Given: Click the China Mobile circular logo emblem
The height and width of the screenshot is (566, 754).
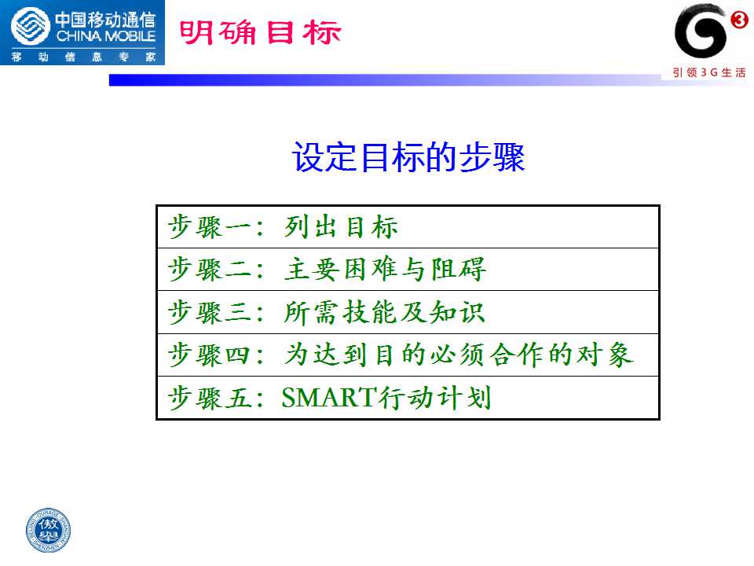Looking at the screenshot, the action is [31, 26].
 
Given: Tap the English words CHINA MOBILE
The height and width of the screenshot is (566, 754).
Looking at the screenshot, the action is [106, 36].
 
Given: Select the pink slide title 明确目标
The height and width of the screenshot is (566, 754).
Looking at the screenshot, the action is [260, 33].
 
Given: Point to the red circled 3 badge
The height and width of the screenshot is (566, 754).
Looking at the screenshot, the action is [739, 20].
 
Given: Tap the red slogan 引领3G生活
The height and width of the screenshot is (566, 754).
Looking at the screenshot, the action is [708, 72].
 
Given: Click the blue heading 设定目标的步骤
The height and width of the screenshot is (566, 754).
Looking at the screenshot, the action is [408, 157].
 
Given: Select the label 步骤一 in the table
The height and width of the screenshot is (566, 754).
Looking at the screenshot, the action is [209, 227].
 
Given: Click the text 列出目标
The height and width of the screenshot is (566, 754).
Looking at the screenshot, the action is [341, 227].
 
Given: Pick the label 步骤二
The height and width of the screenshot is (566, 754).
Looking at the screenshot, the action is [209, 270].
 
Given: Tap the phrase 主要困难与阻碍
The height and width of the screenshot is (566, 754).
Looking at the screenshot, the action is [385, 270].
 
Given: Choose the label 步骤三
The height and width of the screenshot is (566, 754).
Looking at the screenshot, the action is [209, 312].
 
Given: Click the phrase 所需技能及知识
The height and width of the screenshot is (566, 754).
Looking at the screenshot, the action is [384, 312].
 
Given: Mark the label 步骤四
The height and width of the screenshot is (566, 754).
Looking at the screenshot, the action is [209, 355].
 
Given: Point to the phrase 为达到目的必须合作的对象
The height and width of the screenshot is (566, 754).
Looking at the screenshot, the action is [459, 355].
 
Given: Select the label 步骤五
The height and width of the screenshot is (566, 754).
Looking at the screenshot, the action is [209, 398].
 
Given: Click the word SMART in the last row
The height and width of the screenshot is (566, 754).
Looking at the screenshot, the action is [329, 398].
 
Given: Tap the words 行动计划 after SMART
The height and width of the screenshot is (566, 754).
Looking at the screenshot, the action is [434, 398].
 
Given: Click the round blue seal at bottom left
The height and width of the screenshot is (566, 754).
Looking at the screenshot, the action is [48, 531].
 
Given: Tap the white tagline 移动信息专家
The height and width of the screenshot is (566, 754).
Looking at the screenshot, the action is [84, 57].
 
